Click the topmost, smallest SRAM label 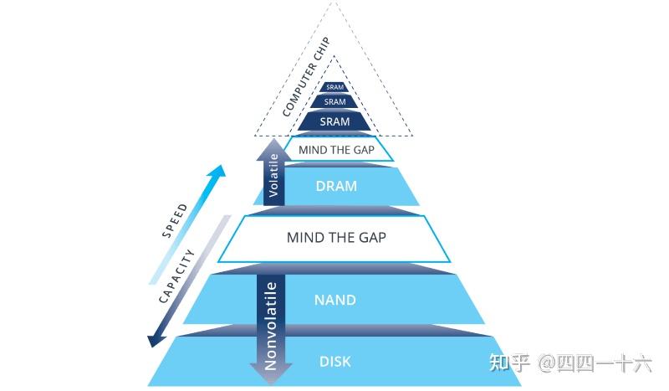[x=334, y=87]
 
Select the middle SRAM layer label [x=334, y=102]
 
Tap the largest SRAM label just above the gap [x=334, y=122]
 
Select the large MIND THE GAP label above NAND [x=336, y=238]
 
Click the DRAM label [x=336, y=187]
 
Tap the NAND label [x=334, y=300]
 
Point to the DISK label [x=335, y=363]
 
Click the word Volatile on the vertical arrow [x=273, y=177]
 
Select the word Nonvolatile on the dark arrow [x=270, y=326]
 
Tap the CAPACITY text [x=177, y=276]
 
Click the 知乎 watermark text [x=509, y=363]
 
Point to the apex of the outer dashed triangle [x=334, y=3]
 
